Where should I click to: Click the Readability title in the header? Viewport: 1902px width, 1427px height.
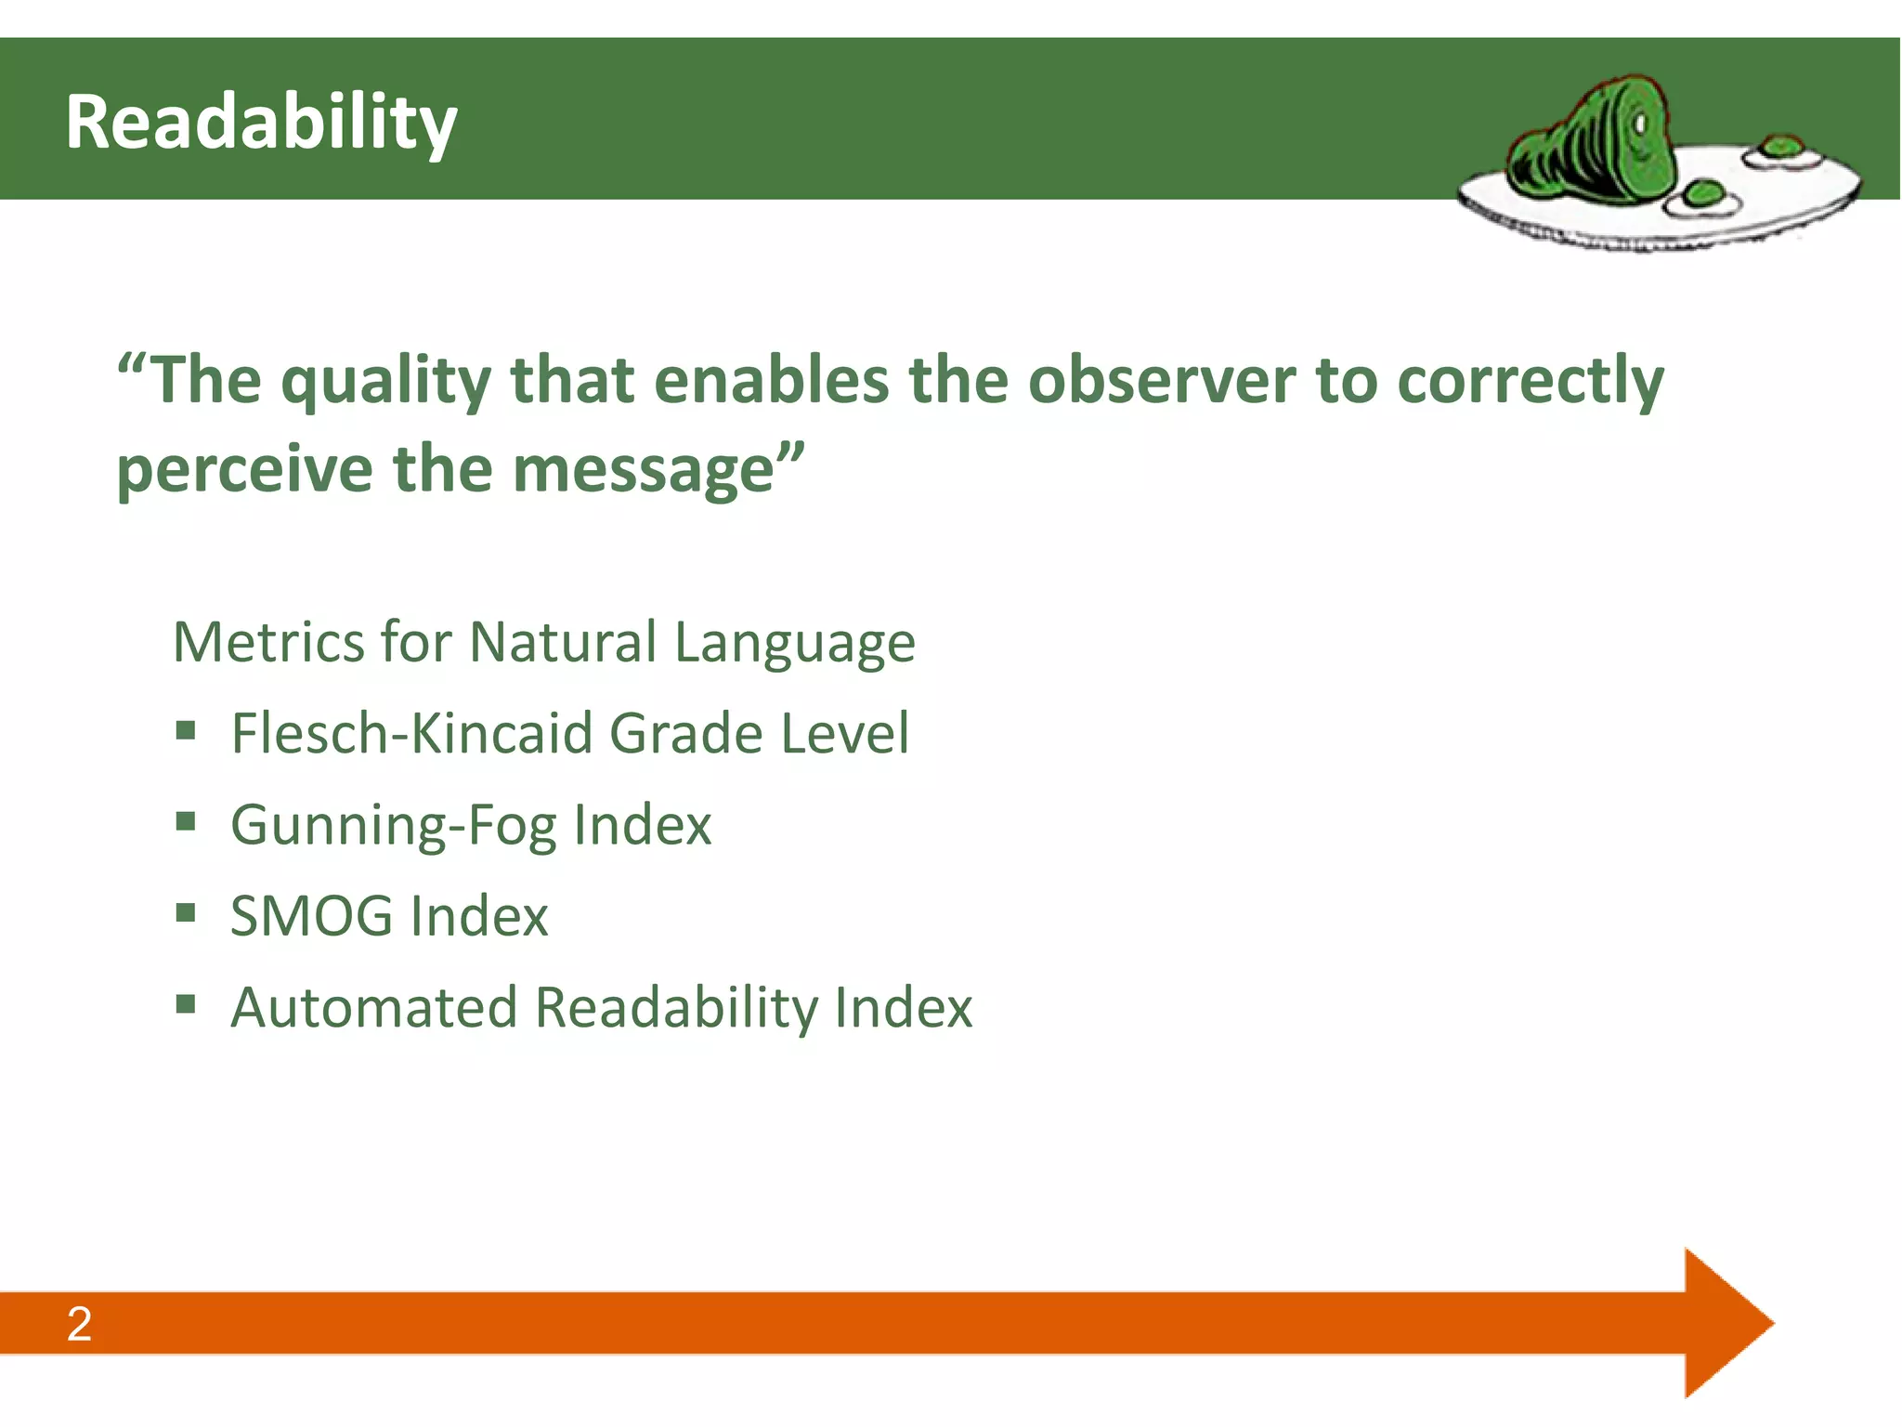coord(261,123)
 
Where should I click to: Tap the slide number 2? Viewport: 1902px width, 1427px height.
coord(79,1324)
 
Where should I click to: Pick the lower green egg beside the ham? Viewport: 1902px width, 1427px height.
coord(1705,195)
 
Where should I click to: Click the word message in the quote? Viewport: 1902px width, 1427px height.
coord(644,470)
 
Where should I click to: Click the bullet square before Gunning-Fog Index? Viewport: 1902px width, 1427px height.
coord(186,821)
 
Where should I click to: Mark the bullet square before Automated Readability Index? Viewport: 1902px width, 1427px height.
coord(186,1003)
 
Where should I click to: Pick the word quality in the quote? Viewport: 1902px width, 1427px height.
coord(386,381)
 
